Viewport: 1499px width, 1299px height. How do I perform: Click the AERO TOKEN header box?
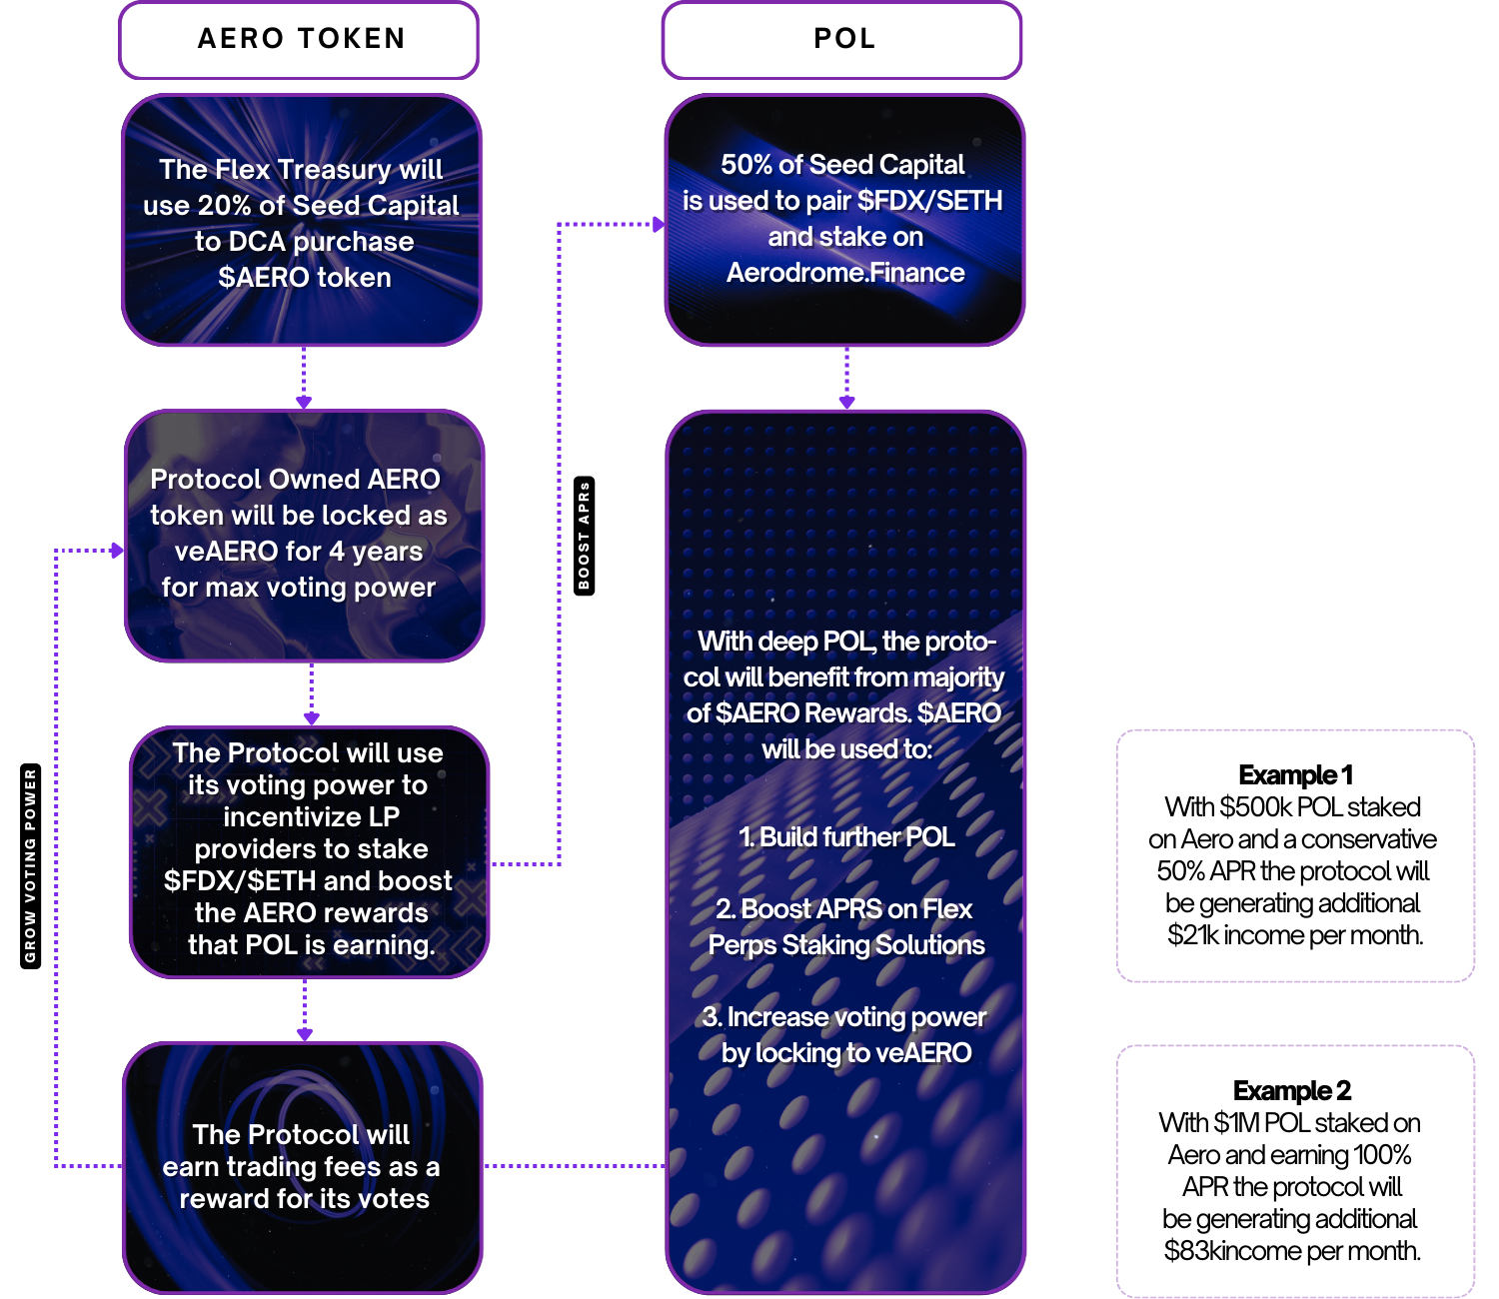click(300, 40)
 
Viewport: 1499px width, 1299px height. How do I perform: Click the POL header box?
click(842, 40)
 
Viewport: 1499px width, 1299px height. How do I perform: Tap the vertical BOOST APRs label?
click(585, 536)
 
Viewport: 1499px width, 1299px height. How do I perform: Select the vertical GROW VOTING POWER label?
click(30, 865)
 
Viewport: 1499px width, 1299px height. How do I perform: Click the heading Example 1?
click(1295, 775)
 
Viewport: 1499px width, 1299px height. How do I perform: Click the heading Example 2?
click(1292, 1090)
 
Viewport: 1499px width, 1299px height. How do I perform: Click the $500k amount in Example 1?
click(1255, 807)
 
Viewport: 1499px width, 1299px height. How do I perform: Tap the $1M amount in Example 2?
click(1236, 1123)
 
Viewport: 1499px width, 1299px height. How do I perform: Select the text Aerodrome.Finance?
click(845, 273)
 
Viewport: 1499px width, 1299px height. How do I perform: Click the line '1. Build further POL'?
click(846, 837)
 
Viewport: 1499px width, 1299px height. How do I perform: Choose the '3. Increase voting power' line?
click(844, 1017)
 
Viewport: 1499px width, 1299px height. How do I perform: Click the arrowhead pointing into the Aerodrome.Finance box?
click(659, 225)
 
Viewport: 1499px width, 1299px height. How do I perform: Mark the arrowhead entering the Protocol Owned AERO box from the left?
click(118, 551)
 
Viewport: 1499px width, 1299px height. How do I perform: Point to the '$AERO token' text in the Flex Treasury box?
click(305, 278)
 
